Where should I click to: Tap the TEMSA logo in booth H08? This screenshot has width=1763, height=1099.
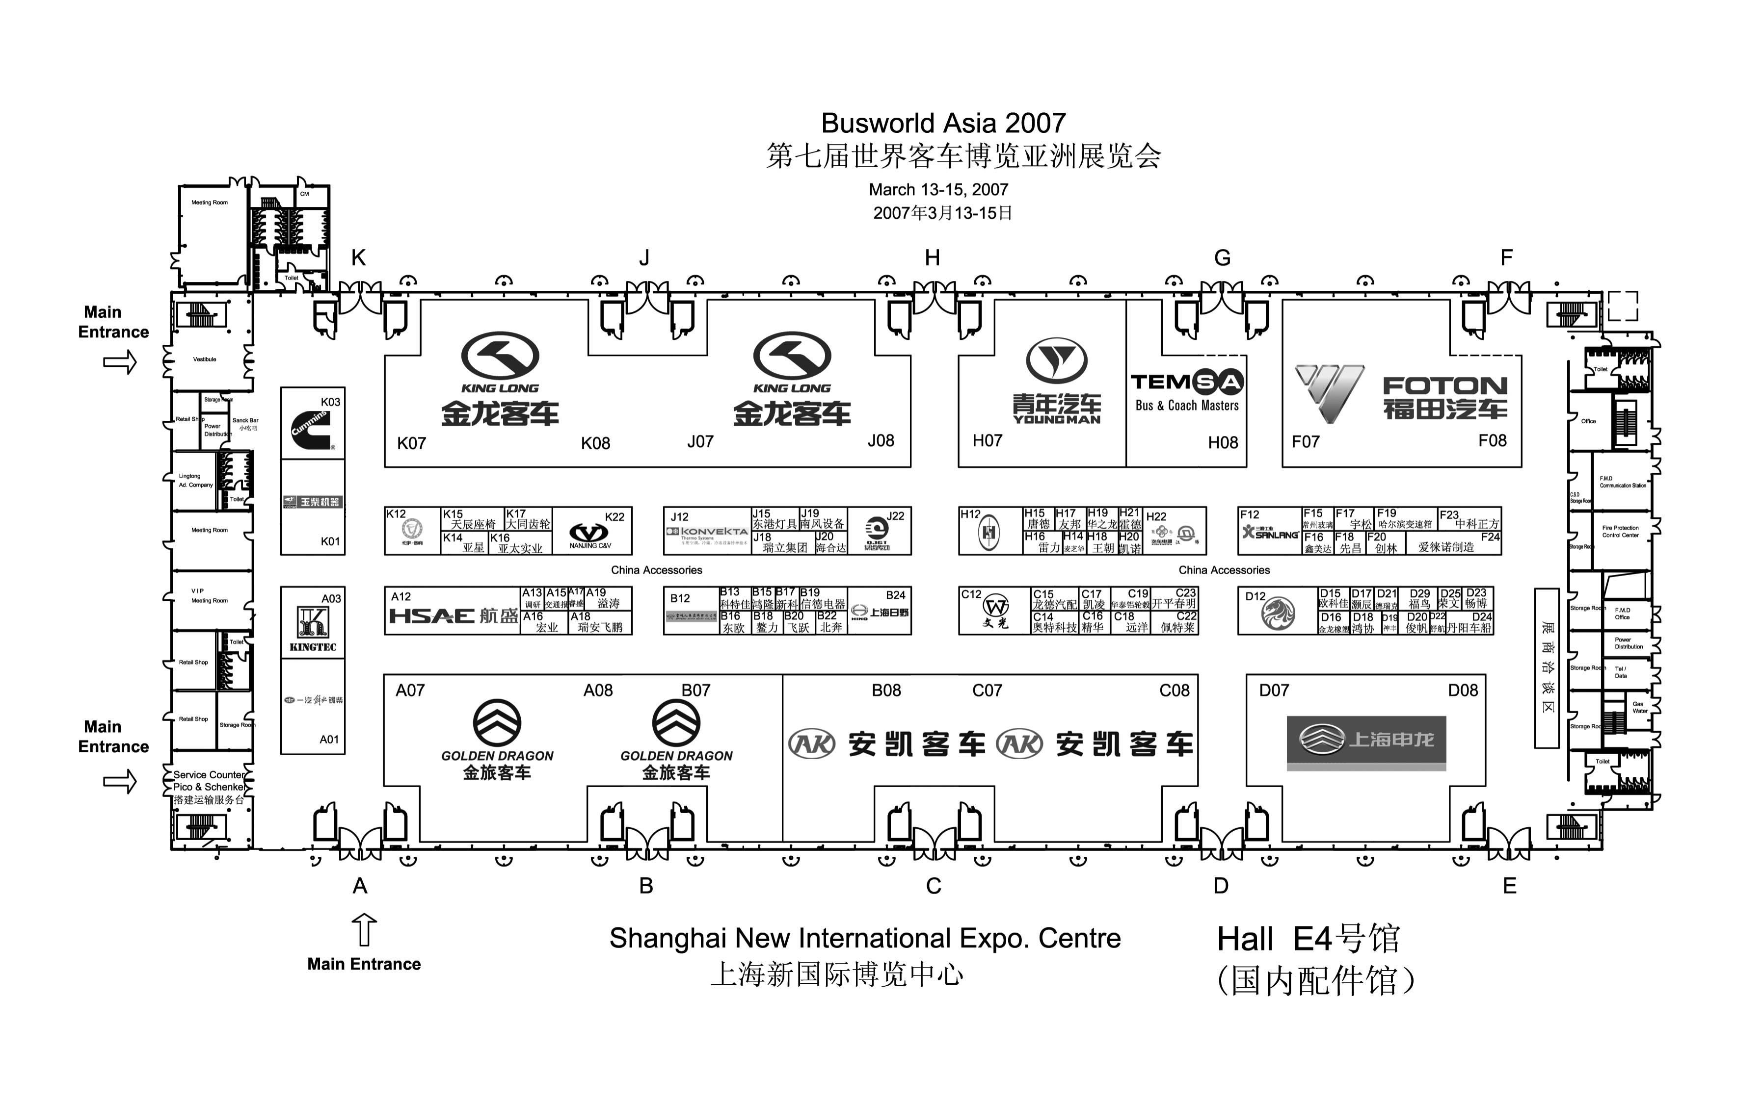[1186, 382]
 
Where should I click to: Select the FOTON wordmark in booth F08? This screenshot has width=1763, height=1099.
[1444, 386]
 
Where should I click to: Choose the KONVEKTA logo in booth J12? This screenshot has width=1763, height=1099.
[707, 533]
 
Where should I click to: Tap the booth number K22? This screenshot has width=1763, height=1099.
[614, 517]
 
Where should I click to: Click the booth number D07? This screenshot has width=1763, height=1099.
[1274, 690]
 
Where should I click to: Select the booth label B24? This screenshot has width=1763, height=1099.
[895, 595]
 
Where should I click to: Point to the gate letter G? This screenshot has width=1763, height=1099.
[1222, 258]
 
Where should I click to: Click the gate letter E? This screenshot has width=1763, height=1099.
[1509, 886]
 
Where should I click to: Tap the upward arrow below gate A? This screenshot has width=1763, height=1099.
[364, 930]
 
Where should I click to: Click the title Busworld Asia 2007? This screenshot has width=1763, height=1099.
[943, 124]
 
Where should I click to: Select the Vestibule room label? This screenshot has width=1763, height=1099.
[204, 359]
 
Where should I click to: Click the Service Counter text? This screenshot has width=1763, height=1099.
[208, 775]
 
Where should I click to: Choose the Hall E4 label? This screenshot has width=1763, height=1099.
[1308, 939]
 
